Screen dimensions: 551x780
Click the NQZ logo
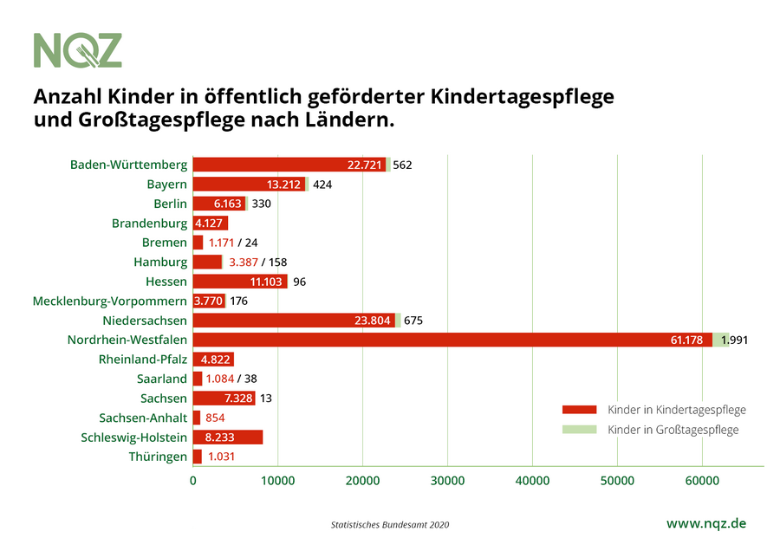78,50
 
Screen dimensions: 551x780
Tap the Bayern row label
167,184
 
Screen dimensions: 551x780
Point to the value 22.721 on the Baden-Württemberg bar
365,165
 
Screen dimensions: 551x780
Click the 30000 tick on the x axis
446,478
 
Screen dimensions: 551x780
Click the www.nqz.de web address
705,523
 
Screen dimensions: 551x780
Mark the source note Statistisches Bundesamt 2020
390,525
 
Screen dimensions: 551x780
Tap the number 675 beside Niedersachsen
413,321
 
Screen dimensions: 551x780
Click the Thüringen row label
158,457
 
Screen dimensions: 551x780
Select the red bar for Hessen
240,282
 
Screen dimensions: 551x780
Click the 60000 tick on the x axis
700,478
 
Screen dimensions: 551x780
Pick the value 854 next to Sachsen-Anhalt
215,418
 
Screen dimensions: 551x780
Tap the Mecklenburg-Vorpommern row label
110,301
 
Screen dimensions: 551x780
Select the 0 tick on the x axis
192,478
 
